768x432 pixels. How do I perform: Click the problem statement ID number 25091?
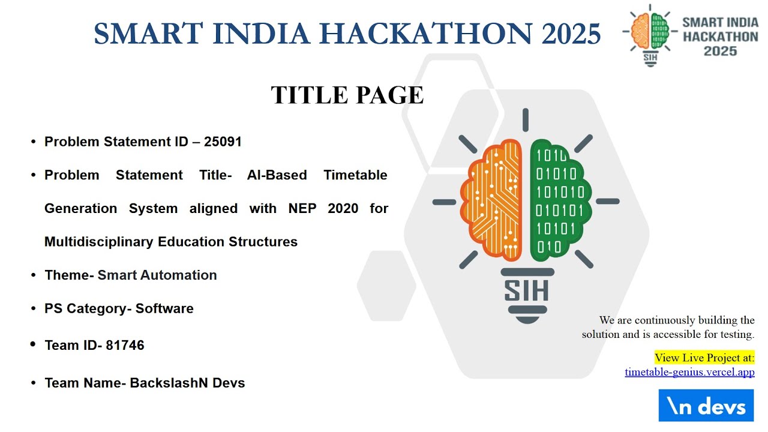coord(223,142)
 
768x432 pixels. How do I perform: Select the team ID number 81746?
coord(125,346)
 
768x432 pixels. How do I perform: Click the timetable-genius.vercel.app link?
coord(689,372)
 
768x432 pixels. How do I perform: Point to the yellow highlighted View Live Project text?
coord(704,358)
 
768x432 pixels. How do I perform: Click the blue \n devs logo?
coord(706,406)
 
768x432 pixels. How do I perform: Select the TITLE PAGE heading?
coord(347,95)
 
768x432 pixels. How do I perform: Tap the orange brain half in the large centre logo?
coord(493,201)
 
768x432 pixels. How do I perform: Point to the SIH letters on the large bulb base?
coord(526,290)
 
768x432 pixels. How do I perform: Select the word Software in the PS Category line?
coord(164,308)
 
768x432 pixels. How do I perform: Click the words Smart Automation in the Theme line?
coord(157,275)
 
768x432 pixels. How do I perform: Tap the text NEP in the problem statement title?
coord(302,209)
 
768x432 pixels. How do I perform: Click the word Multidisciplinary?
coord(99,242)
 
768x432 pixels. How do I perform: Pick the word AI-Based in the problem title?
coord(277,175)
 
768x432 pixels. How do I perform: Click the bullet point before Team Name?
coord(34,383)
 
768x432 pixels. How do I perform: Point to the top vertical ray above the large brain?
coord(526,119)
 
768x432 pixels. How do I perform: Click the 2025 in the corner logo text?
coord(720,52)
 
